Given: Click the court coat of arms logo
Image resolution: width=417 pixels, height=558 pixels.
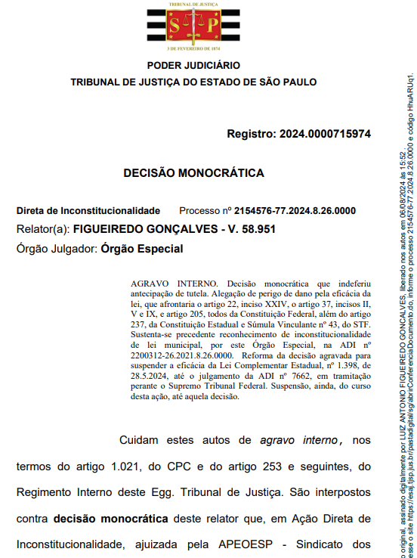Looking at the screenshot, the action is [193, 26].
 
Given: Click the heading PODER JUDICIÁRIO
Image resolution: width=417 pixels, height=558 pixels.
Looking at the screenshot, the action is [193, 66].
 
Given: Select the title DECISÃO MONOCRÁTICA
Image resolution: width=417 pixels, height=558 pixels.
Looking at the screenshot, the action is [193, 173].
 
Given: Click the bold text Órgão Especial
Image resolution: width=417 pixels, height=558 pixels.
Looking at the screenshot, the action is [142, 248].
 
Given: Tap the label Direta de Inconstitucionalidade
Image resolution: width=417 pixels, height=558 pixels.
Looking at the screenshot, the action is [88, 210].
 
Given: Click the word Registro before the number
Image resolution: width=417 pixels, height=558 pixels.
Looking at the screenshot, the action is [251, 134].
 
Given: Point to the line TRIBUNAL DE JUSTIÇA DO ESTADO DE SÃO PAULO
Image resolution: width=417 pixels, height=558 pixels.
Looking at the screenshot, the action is [193, 82].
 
